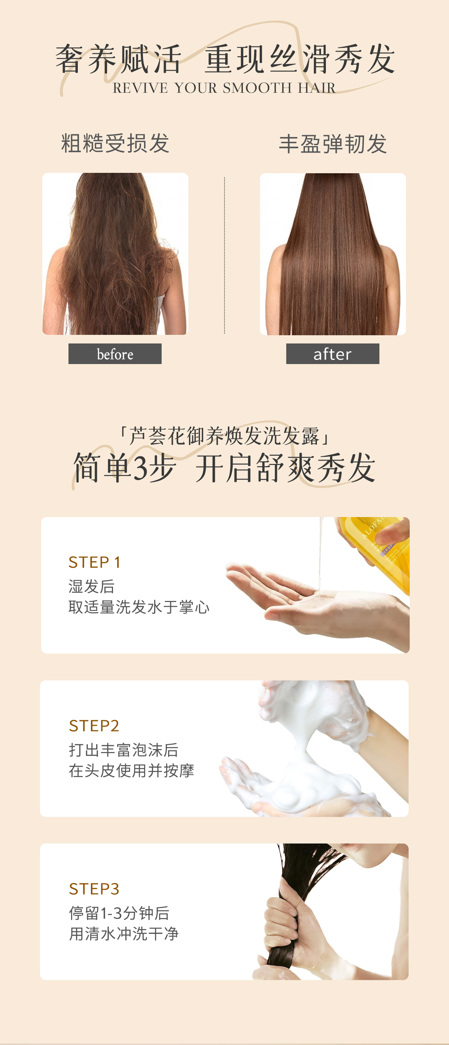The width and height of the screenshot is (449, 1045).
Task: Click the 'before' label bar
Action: (115, 354)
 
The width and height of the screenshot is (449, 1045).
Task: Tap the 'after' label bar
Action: (333, 354)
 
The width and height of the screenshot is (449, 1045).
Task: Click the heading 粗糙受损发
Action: (115, 143)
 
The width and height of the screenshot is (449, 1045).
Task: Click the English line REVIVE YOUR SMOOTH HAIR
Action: (224, 88)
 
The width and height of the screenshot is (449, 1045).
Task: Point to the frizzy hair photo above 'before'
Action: (115, 254)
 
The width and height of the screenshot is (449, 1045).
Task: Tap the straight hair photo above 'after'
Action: (333, 254)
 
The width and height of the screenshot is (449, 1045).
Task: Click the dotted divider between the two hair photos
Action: (224, 256)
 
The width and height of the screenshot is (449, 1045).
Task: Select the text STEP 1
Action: (94, 562)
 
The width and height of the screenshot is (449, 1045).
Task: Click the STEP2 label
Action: (94, 726)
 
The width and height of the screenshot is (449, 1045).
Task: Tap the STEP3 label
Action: (94, 889)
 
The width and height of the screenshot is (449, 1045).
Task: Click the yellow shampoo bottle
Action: (377, 544)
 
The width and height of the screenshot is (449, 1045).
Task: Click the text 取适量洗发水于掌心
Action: (139, 607)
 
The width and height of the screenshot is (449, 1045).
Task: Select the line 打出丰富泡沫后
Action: (124, 750)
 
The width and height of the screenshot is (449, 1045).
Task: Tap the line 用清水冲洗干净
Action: (124, 934)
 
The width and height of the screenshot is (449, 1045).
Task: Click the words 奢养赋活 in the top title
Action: (119, 59)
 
